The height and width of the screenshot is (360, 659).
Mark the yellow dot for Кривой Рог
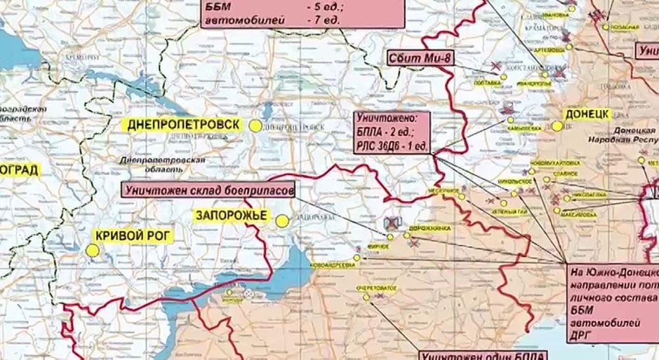click(93, 250)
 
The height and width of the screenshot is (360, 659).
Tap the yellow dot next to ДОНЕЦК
click(558, 125)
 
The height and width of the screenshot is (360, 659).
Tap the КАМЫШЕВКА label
click(525, 127)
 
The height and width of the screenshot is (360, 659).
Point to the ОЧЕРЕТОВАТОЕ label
click(376, 289)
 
